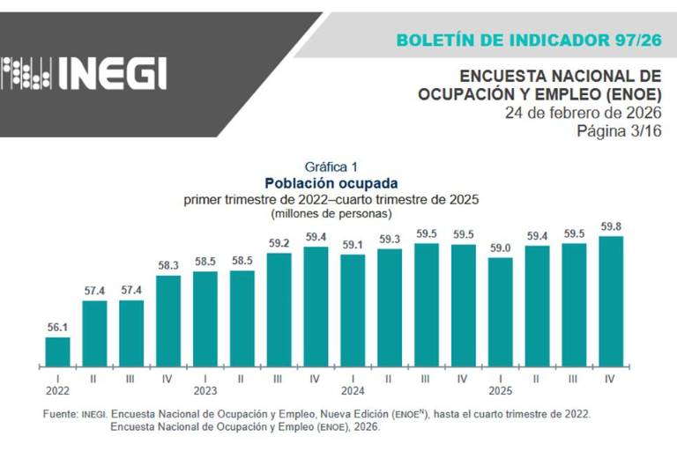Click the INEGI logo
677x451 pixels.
point(85,73)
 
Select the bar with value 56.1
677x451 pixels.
point(57,351)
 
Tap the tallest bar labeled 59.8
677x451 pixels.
point(611,300)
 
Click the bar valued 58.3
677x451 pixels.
point(168,320)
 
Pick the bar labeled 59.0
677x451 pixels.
point(500,311)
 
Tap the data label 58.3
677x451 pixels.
point(168,265)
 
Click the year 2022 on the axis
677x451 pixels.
point(56,389)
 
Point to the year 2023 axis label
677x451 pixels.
point(205,389)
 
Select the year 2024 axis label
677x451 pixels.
point(353,389)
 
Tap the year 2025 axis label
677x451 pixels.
point(500,389)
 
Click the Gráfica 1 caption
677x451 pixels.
point(331,166)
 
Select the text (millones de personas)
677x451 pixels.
point(331,213)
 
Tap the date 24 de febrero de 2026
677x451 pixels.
point(583,114)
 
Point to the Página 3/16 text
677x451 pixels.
point(619,131)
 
